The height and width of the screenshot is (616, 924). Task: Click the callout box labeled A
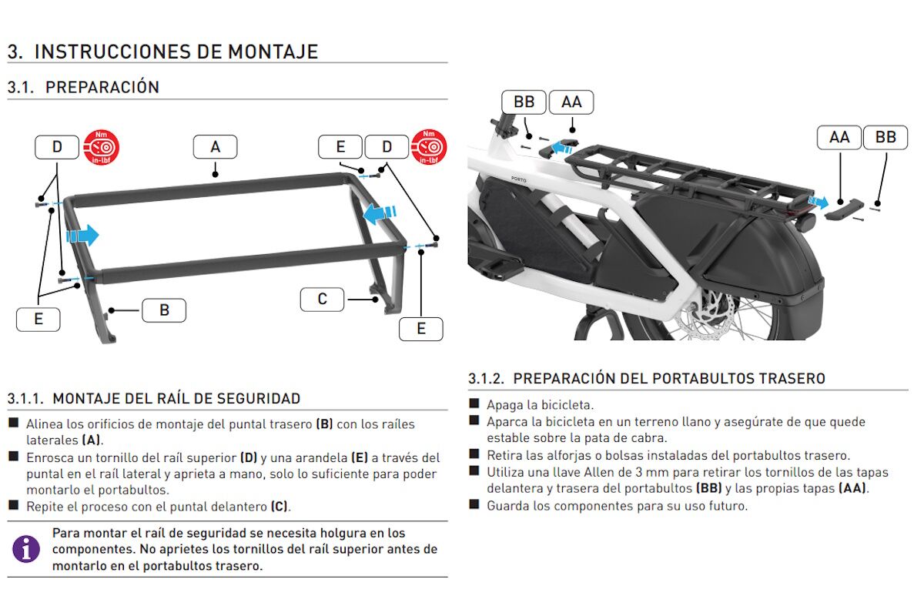[215, 146]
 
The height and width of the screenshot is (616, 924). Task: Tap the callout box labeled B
[163, 310]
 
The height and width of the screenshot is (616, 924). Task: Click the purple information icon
[25, 549]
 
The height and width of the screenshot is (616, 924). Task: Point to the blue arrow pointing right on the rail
[83, 235]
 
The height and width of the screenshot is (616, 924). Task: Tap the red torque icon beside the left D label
[102, 146]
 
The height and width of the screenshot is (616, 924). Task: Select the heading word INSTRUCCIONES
[128, 52]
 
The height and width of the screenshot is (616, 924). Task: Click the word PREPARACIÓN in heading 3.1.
[102, 87]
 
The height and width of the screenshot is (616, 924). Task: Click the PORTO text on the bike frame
[522, 177]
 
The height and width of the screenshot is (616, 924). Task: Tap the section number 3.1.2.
[487, 378]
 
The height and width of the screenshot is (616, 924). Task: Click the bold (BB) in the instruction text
[708, 488]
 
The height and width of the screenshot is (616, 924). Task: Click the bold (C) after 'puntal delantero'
[280, 507]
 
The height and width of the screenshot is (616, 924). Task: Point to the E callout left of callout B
[38, 319]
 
